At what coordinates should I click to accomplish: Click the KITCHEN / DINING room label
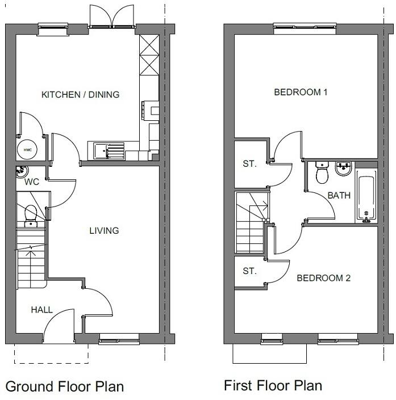coord(81,94)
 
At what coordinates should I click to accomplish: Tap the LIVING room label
coord(104,230)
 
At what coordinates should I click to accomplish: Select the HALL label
coord(41,310)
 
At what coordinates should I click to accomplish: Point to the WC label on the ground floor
coord(31,183)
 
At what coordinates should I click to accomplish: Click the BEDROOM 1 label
coord(301,92)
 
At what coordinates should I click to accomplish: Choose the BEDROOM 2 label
coord(323,278)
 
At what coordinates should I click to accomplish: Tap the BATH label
coord(339,195)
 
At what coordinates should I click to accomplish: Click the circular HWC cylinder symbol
coord(28,150)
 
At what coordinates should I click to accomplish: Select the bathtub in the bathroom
coord(366,197)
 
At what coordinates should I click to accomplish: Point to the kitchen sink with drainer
coord(109,150)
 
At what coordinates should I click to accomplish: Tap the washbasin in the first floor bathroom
coord(343,169)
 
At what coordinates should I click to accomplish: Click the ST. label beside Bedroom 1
coord(249,164)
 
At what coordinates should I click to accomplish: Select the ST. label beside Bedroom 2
coord(249,271)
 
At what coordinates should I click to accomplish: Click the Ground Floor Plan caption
coord(64,387)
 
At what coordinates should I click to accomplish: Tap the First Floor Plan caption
coord(273,386)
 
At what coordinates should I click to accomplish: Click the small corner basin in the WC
coord(22,170)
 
